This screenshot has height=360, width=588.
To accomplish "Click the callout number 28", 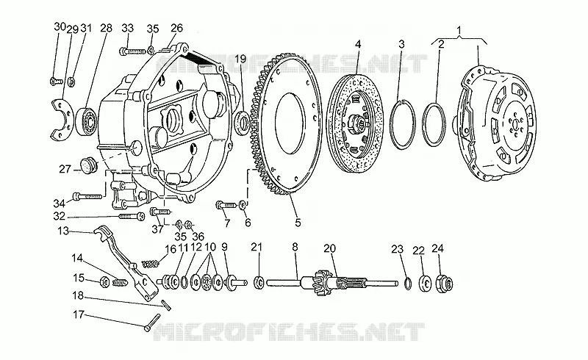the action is (106, 28).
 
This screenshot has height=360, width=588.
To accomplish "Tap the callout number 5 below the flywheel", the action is (298, 223).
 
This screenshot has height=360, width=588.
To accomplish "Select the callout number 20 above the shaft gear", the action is (329, 248).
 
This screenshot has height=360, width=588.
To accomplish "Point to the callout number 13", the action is (63, 231).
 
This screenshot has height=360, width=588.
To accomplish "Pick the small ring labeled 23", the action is (408, 284).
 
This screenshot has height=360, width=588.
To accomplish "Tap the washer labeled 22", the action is (426, 283).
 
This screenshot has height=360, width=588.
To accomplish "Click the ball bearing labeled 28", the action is (87, 120).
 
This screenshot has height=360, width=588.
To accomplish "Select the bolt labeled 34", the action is (87, 195).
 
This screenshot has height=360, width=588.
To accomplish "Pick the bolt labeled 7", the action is (226, 205).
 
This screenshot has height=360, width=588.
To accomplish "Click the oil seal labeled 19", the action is (243, 120).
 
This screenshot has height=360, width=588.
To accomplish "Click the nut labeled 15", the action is (104, 282).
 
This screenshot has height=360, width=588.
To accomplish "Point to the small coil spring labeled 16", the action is (150, 264).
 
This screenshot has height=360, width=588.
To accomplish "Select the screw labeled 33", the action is (132, 51).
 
